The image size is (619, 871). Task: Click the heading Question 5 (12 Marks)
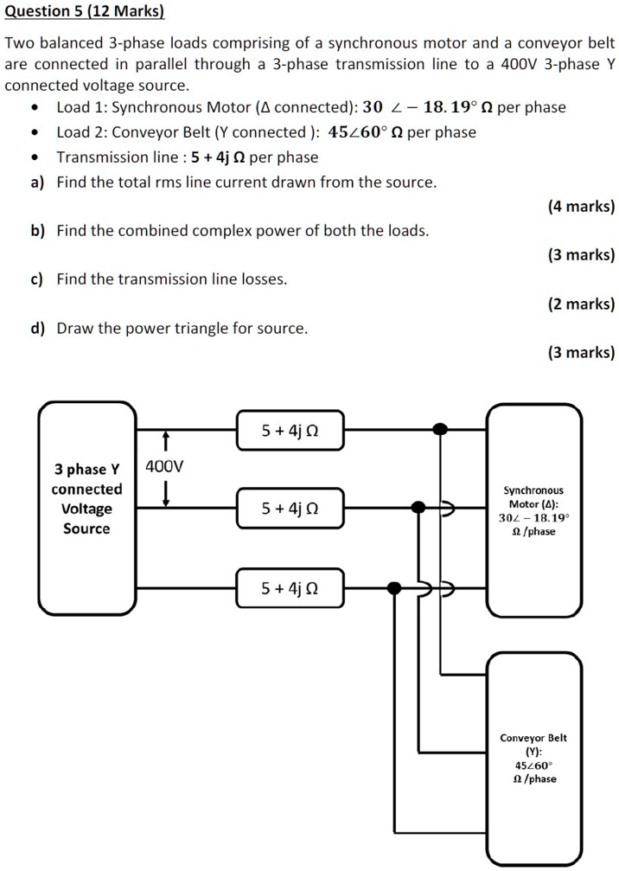[x=84, y=12]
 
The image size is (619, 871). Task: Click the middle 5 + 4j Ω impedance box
[x=290, y=509]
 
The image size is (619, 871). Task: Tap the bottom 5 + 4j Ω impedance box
[x=290, y=589]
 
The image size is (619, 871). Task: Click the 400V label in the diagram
[x=164, y=467]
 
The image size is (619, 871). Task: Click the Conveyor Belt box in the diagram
[x=533, y=757]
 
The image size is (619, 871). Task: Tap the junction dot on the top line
[x=440, y=429]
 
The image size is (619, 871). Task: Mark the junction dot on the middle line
[x=418, y=507]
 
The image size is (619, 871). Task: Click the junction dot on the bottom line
[x=394, y=588]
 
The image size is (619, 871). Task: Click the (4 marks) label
[x=581, y=207]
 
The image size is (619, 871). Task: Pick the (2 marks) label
[x=581, y=304]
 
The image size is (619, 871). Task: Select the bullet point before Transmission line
[x=33, y=157]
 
